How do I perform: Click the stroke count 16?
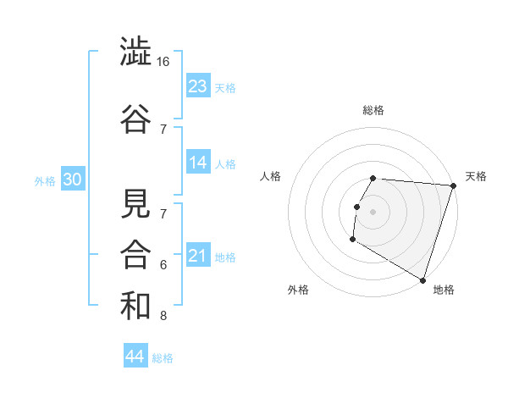tap(163, 63)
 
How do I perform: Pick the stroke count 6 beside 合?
tap(163, 265)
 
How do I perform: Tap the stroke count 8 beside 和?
tap(163, 317)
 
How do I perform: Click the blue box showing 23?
tap(198, 86)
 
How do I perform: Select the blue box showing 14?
tap(198, 162)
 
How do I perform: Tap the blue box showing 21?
tap(198, 255)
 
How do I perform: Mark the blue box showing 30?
tap(72, 180)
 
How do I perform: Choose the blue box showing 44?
tap(135, 357)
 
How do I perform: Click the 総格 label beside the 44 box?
tap(163, 358)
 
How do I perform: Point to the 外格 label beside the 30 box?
tap(45, 181)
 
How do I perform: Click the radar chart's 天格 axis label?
tap(476, 176)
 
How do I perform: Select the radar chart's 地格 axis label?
tap(444, 290)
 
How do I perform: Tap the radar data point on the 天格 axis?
tap(453, 186)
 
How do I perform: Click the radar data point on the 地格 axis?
tap(422, 279)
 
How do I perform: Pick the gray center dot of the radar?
tap(373, 212)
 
